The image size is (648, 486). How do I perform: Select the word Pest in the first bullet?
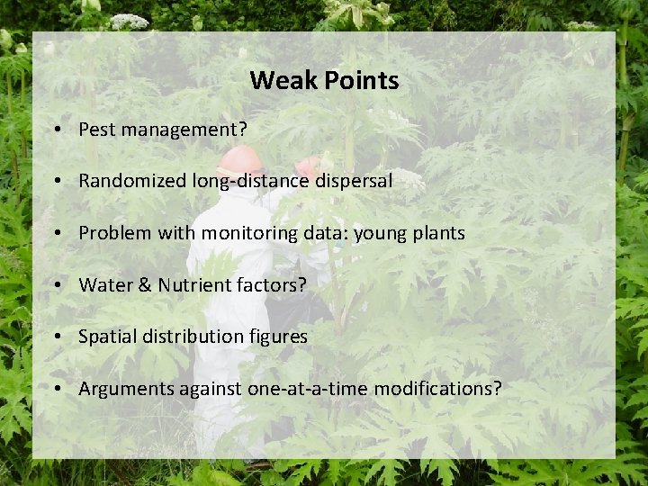click(x=97, y=130)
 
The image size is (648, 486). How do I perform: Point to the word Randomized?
click(x=132, y=181)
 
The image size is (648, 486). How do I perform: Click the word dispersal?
click(x=354, y=181)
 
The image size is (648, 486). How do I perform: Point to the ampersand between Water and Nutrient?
click(x=145, y=285)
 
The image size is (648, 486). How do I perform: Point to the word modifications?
click(x=437, y=389)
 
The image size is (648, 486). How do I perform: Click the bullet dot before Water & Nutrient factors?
click(x=57, y=285)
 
